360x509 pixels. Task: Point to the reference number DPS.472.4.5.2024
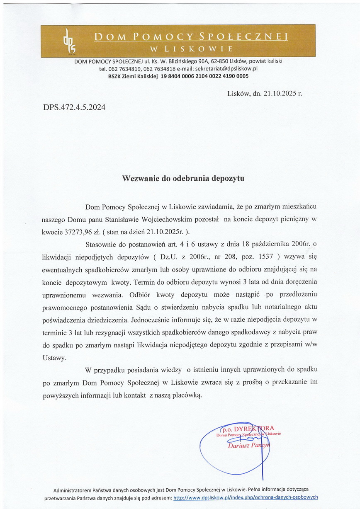click(74, 107)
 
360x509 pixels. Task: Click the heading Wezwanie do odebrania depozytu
click(183, 179)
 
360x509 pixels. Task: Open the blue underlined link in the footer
click(246, 497)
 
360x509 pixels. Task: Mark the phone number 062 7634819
click(124, 69)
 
